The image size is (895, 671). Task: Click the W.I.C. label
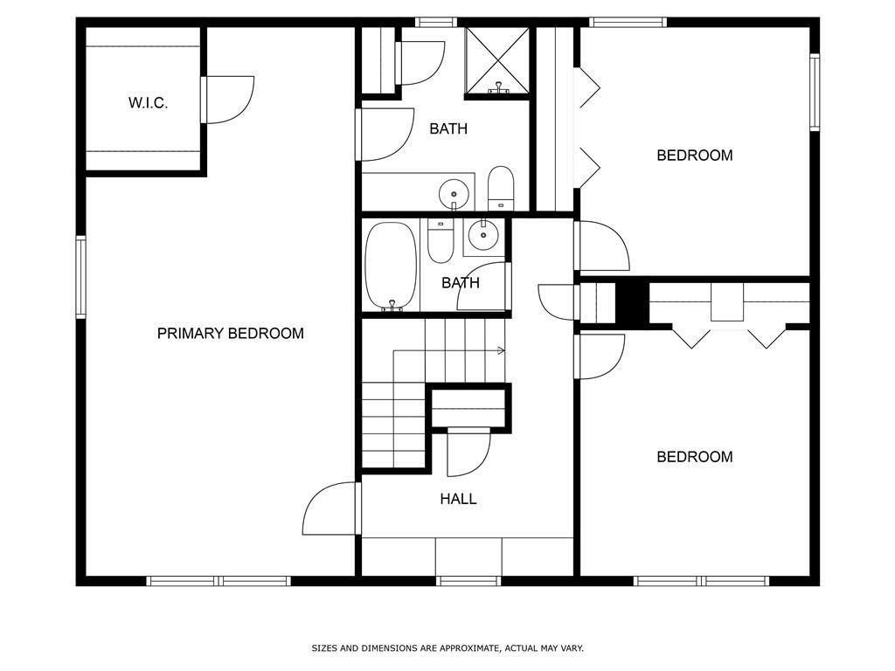pos(148,103)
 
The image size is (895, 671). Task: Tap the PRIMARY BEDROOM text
pos(230,334)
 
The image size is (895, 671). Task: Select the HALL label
pos(458,500)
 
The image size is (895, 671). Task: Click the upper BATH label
pos(448,129)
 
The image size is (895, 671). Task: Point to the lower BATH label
pos(460,283)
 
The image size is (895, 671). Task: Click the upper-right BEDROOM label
pos(695,156)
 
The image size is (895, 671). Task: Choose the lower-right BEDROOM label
pos(695,457)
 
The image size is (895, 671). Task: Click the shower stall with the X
pos(497,59)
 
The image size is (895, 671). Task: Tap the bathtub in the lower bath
pos(392,266)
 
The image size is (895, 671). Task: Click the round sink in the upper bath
pos(454,190)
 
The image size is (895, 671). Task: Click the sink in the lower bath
pos(482,234)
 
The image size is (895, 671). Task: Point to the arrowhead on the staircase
pos(502,351)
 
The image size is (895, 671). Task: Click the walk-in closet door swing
pos(229,99)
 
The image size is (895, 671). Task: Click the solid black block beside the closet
pos(630,303)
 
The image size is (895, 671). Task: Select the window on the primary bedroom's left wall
pos(80,277)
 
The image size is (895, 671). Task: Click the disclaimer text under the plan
pos(447,648)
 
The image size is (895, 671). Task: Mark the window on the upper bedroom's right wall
pos(814,92)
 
